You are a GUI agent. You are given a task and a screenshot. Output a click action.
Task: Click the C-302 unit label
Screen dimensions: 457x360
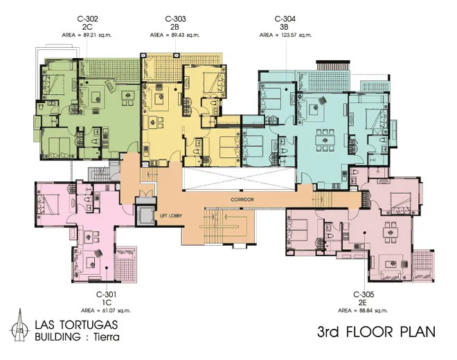pos(87,19)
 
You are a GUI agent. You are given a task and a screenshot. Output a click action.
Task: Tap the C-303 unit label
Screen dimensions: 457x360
pos(175,19)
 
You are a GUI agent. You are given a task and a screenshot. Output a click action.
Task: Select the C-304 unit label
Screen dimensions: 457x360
pos(285,19)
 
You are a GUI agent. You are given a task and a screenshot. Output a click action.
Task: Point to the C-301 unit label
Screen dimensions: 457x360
pos(107,295)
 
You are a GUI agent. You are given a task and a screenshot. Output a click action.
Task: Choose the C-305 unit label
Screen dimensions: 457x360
pos(364,295)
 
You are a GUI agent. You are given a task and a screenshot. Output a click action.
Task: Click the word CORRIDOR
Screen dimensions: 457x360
pos(242,199)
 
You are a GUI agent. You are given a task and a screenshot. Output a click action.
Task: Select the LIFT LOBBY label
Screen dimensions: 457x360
pos(171,216)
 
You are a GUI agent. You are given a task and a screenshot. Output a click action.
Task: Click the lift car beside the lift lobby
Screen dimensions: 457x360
pos(145,215)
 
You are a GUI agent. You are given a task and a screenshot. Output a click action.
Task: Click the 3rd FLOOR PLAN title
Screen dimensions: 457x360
pos(376,332)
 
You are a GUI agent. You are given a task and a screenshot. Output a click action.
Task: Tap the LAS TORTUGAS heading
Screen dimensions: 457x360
pos(76,325)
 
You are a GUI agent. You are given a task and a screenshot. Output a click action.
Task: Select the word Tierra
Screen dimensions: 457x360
pos(107,337)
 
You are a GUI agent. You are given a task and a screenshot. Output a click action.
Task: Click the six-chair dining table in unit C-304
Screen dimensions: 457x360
pos(324,141)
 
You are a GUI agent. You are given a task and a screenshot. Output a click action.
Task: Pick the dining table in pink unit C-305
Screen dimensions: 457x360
pos(391,233)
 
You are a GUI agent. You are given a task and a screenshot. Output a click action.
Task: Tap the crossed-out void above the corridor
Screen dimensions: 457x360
pos(239,179)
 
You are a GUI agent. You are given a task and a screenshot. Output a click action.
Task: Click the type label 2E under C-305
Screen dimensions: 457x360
pos(364,303)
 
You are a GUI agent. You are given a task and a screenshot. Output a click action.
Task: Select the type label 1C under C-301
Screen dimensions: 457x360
pos(107,303)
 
